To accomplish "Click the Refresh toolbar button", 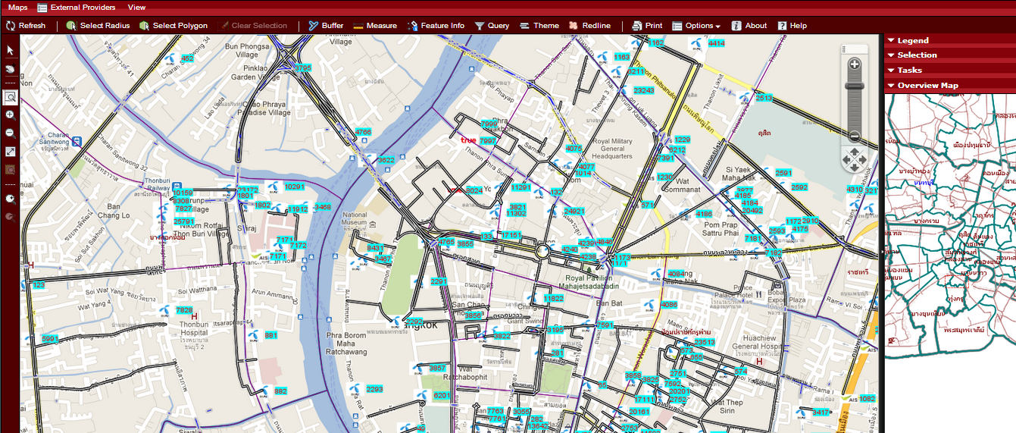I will coord(26,26).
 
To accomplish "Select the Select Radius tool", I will coord(98,26).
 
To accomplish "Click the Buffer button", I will coord(326,26).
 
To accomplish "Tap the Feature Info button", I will coord(436,26).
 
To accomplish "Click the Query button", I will coord(492,26).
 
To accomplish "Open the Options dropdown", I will coord(696,26).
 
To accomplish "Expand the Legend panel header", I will coord(912,41).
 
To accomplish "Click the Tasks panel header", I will coord(909,71).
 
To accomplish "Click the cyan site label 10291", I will coord(294,187).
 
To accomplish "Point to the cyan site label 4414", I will coord(716,44).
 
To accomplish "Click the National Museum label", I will coord(355,219).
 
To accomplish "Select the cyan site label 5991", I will coord(50,339).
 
